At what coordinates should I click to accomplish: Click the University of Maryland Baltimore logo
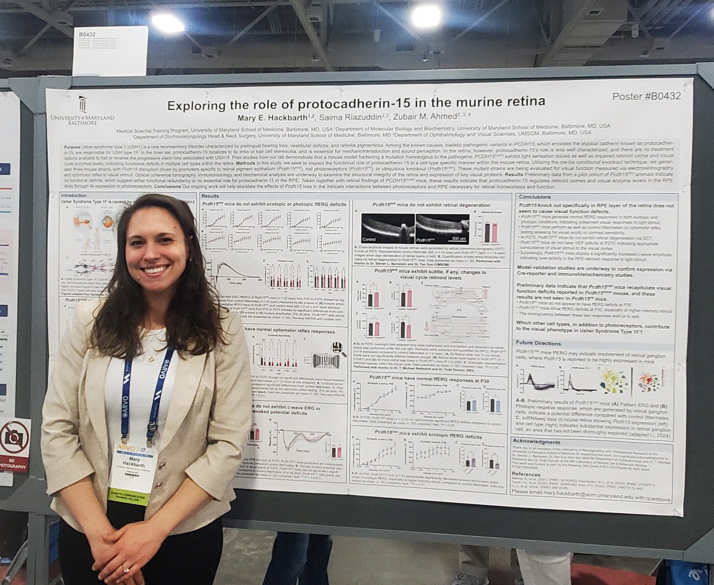[82, 110]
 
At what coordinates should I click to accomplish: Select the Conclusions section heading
[535, 197]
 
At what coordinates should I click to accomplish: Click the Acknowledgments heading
[537, 442]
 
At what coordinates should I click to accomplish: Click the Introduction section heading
[74, 195]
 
